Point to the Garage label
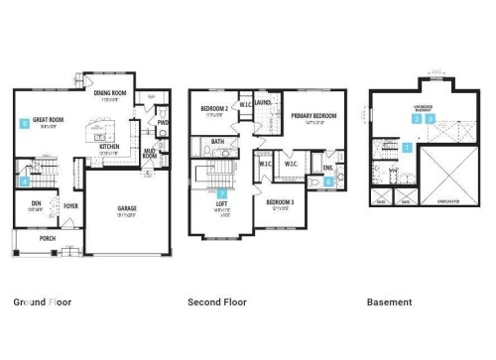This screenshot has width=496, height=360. click(x=127, y=210)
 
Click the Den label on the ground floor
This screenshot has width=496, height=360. click(x=36, y=203)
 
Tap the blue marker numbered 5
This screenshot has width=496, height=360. click(x=24, y=124)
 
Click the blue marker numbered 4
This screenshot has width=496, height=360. click(x=24, y=181)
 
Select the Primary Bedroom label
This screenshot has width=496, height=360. click(x=313, y=116)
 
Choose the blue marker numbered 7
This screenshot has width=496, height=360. click(x=222, y=193)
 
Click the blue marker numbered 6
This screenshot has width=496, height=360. click(x=328, y=181)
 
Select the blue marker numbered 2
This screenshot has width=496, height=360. click(x=418, y=118)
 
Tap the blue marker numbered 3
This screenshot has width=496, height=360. click(x=430, y=118)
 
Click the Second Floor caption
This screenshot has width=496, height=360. click(x=217, y=302)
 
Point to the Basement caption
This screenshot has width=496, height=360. click(x=390, y=302)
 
